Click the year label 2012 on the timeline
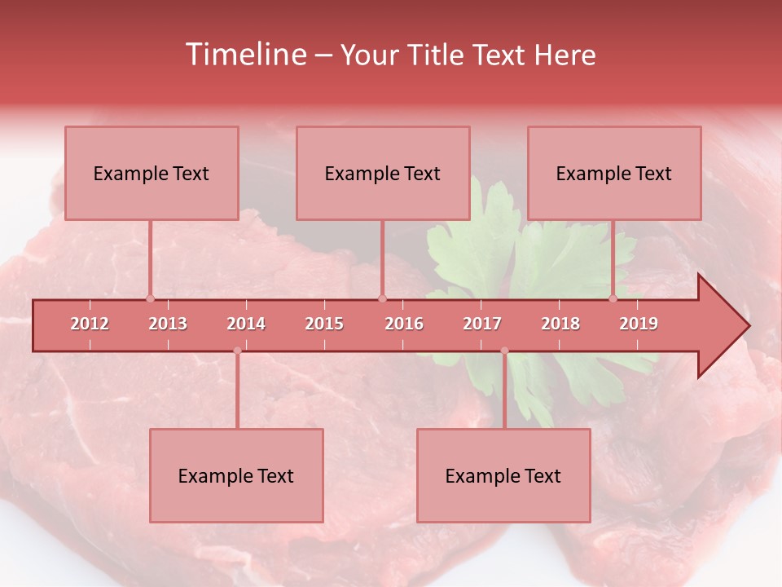[x=90, y=324]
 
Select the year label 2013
[x=168, y=324]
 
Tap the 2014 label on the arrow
[x=246, y=324]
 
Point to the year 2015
[x=324, y=324]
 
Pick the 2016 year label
[x=404, y=324]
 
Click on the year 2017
[x=482, y=324]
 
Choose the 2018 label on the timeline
[x=560, y=324]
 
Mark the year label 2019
[x=639, y=324]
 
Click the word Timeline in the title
[x=244, y=55]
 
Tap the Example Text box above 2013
[x=152, y=173]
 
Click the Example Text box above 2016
[x=383, y=173]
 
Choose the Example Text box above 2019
[x=614, y=173]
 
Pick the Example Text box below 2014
[x=236, y=475]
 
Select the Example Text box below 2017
[x=503, y=475]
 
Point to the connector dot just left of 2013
[x=150, y=298]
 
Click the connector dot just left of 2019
[x=613, y=298]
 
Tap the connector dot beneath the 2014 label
[x=237, y=351]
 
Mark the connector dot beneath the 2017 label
[x=504, y=351]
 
